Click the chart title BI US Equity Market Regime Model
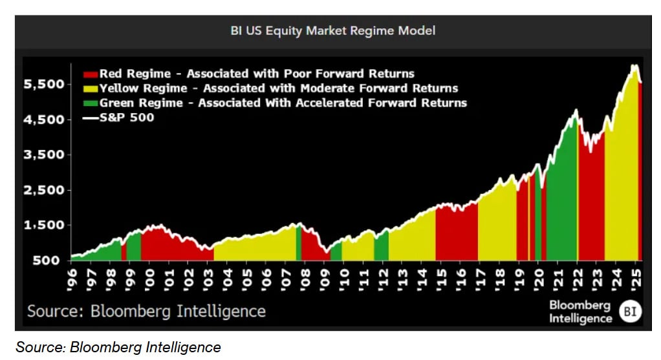332,31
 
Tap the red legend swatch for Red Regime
90,74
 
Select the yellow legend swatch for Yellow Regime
90,89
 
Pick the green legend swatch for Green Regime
90,103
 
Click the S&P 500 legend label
127,118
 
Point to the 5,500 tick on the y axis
44,84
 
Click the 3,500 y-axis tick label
44,154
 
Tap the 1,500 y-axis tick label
44,225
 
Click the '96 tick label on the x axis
72,280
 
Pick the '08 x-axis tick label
305,280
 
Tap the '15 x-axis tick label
441,280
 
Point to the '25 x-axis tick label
636,280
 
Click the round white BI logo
630,312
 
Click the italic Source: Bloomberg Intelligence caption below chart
118,347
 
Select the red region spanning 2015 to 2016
457,234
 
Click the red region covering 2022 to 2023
591,202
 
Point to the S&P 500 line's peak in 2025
634,65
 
